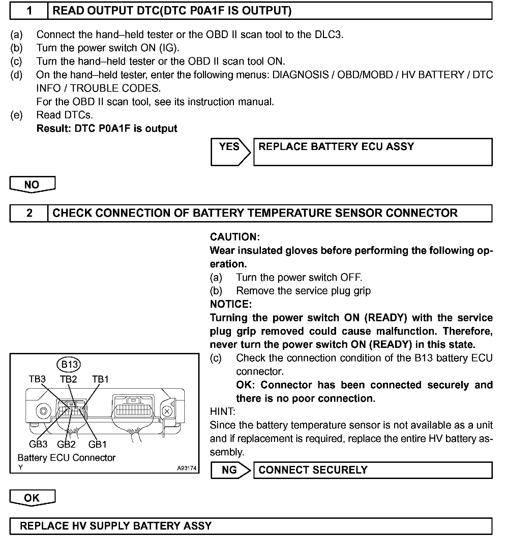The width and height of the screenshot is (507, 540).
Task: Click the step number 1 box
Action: point(29,11)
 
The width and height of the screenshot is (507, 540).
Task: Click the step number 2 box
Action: point(29,213)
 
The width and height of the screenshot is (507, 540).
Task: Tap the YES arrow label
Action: point(229,147)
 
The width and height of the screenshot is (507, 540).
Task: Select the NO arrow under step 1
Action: point(32,185)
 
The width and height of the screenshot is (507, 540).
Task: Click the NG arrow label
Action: point(230,470)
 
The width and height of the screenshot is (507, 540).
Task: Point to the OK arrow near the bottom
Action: point(32,498)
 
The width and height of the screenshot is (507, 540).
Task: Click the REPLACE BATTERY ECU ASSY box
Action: point(372,152)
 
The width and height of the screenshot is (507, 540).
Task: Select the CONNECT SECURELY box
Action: point(372,470)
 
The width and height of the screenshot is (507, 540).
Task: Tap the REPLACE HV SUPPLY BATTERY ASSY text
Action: point(116,526)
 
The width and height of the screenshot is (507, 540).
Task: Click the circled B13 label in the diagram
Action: point(69,364)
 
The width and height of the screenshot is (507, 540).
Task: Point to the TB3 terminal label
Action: point(37,379)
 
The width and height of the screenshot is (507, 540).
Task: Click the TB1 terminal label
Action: point(100,379)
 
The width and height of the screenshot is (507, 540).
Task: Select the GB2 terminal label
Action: point(66,444)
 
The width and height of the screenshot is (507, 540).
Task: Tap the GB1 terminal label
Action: point(97,444)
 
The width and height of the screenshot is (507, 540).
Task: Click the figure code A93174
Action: point(186,468)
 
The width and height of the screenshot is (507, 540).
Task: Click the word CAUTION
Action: point(235,237)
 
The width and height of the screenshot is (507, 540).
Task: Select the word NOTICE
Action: point(231,304)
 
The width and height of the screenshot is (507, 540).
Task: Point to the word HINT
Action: point(222,412)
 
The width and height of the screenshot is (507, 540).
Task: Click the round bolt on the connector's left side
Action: point(43,411)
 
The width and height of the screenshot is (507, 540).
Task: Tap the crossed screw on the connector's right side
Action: point(167,411)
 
